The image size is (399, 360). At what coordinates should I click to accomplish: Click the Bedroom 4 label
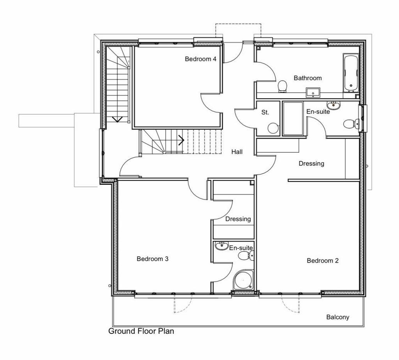point(201,59)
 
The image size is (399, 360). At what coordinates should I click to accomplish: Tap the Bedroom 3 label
point(152,259)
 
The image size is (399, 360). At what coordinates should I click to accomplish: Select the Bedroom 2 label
point(323,261)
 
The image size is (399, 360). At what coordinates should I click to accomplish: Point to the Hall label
point(237,152)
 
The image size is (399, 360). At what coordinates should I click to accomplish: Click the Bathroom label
point(308,78)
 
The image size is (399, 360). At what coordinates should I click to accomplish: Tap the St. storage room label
point(265,112)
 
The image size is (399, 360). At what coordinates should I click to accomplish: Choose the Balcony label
point(338,317)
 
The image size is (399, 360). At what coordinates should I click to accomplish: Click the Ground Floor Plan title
point(141,331)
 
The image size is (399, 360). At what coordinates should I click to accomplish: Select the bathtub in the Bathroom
point(351,73)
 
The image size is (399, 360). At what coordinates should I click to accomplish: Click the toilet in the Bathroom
point(282,86)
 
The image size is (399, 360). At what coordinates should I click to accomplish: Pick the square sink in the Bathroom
point(313,93)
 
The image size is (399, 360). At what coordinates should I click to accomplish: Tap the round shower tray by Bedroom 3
point(243,280)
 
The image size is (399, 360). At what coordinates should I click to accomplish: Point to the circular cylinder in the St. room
point(273,128)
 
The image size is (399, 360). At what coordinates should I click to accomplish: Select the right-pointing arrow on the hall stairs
point(181,140)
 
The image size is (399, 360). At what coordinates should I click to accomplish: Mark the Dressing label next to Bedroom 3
point(238,219)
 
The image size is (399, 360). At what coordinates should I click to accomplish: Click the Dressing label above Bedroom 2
point(311,163)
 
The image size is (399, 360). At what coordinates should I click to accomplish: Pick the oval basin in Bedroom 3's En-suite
point(221,246)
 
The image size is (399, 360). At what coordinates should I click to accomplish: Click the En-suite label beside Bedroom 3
point(241,248)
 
